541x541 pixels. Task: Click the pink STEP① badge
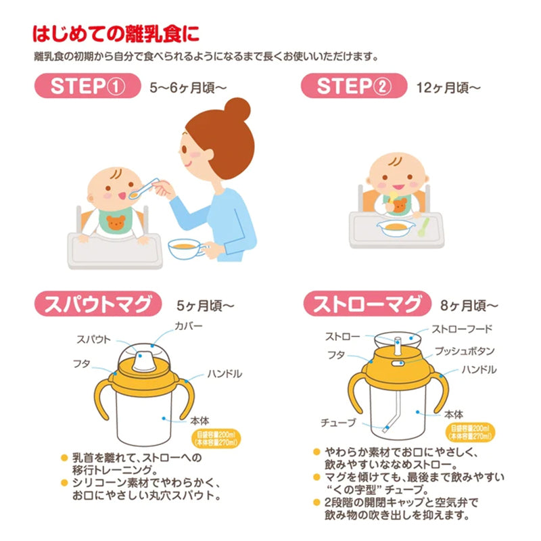click(x=88, y=86)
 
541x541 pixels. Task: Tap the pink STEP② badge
click(x=354, y=86)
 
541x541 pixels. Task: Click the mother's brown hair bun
click(x=237, y=110)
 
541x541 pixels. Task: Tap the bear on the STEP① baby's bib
click(x=116, y=223)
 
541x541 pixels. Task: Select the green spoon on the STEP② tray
click(x=423, y=227)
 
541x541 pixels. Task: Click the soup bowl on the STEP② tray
click(x=396, y=229)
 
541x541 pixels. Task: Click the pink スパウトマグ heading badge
click(x=98, y=304)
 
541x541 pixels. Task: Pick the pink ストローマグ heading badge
click(x=367, y=304)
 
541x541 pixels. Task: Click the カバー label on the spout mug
click(x=189, y=326)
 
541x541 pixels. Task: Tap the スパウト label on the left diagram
click(x=93, y=339)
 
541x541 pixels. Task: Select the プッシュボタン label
click(x=465, y=351)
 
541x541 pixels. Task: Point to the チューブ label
click(x=338, y=423)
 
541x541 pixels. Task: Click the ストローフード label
click(x=462, y=329)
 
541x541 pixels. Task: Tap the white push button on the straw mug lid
click(x=398, y=363)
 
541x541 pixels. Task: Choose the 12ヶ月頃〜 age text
click(x=448, y=88)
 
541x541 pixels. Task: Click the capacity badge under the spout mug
click(x=216, y=439)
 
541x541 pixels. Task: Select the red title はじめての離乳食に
click(x=116, y=34)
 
